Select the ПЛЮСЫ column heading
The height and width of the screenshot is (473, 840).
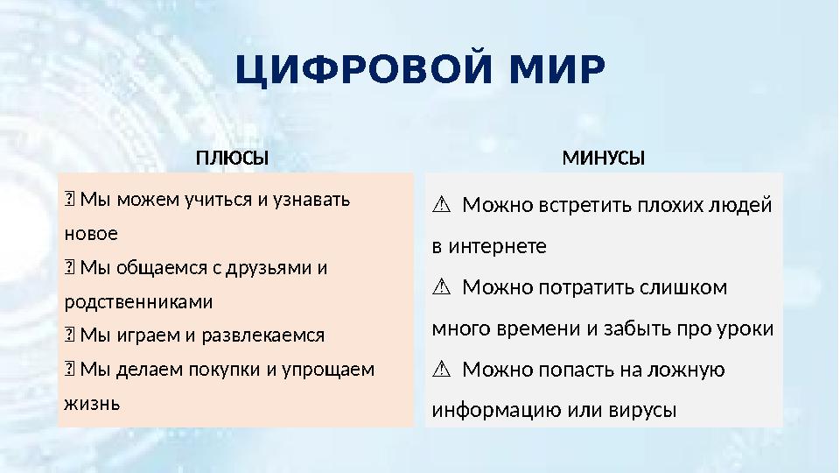232,159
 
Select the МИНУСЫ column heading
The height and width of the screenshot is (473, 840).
603,159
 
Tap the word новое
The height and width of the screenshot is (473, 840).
91,234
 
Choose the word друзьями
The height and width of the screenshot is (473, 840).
269,267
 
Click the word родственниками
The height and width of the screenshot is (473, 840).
138,301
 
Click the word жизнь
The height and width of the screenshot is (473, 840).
92,403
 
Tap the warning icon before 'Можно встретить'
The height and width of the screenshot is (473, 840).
441,206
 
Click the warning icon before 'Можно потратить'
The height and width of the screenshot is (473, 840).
441,288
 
